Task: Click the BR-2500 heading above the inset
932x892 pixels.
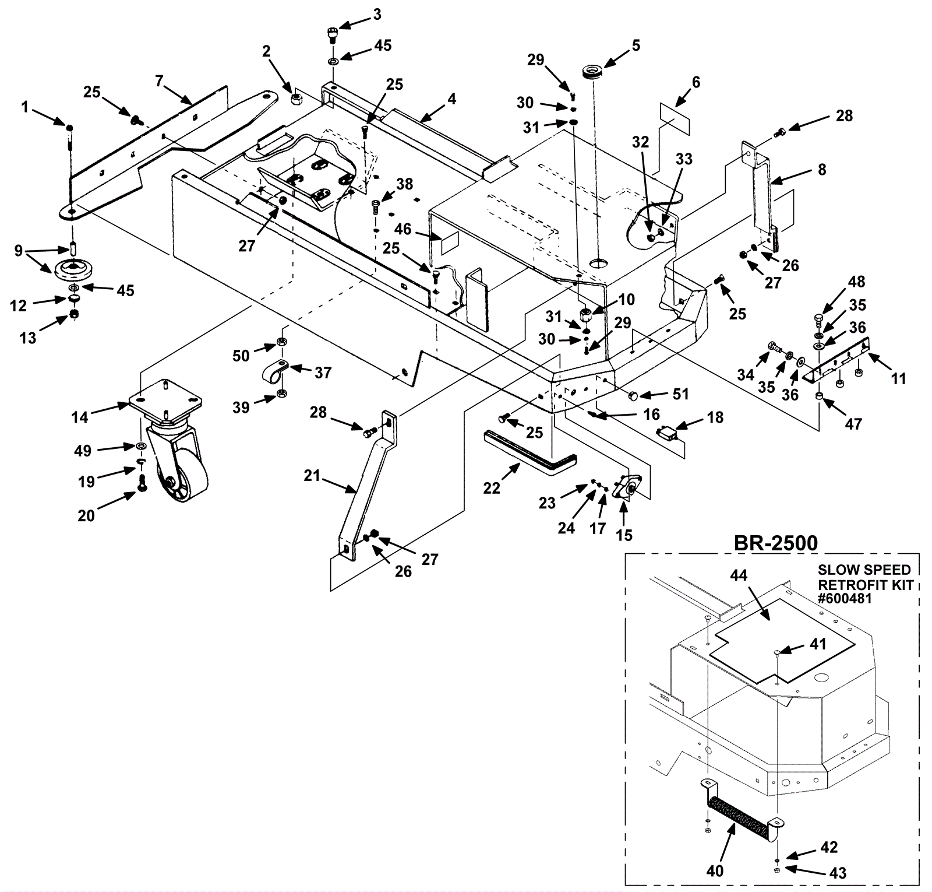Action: pyautogui.click(x=775, y=543)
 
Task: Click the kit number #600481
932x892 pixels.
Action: pyautogui.click(x=845, y=598)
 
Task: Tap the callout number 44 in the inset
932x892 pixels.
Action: pyautogui.click(x=739, y=575)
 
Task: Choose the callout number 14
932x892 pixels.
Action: pyautogui.click(x=80, y=417)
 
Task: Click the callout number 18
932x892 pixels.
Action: pyautogui.click(x=715, y=417)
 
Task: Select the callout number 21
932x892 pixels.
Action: pyautogui.click(x=312, y=476)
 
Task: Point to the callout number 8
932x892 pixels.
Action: pyautogui.click(x=822, y=169)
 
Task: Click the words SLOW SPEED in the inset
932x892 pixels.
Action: pyautogui.click(x=864, y=570)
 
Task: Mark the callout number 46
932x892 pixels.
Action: pyautogui.click(x=403, y=229)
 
